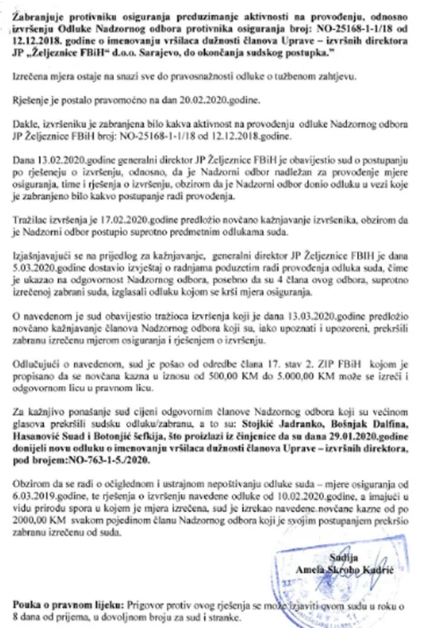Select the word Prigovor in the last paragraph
point(145,599)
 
